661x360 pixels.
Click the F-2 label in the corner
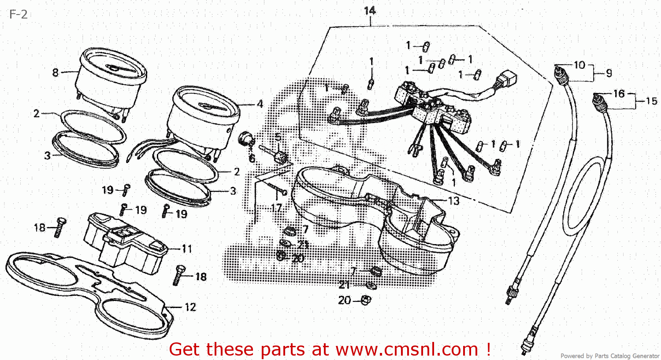tap(18, 15)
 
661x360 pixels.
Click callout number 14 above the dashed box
tap(370, 11)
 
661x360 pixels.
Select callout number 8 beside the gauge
tap(56, 72)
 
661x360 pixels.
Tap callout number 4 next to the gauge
tap(260, 104)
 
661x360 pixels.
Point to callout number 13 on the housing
tap(453, 201)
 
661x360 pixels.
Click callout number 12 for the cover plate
tap(190, 307)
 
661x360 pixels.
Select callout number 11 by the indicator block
tap(187, 249)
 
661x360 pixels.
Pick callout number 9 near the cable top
tap(609, 73)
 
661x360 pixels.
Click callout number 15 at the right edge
tap(651, 101)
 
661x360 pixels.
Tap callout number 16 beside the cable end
tap(619, 93)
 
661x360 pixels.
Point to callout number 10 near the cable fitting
tap(579, 65)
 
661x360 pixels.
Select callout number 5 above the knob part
tap(278, 137)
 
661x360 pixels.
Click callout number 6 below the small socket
tap(252, 158)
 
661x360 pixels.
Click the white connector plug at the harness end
tap(506, 82)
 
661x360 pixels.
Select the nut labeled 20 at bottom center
tap(366, 300)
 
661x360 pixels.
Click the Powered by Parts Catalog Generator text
tap(609, 356)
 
